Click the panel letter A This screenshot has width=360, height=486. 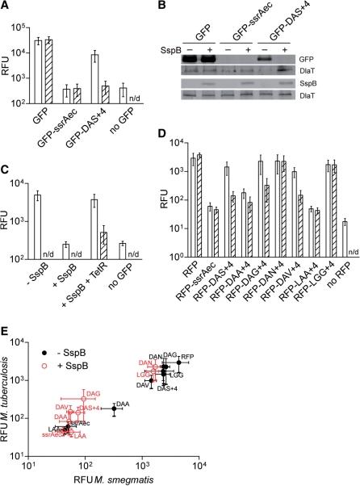(6, 7)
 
